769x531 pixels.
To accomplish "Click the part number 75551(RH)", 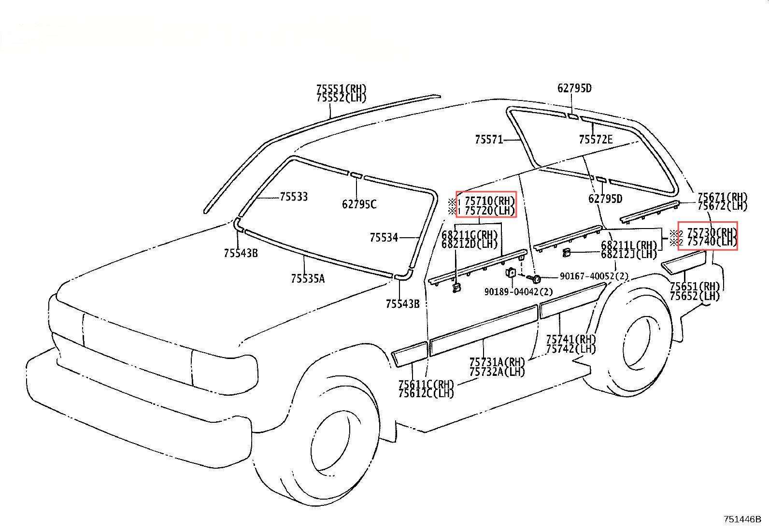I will [x=341, y=89].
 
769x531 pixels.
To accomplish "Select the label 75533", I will [x=294, y=197].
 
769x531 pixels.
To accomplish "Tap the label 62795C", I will [x=359, y=204].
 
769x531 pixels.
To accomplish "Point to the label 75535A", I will [x=308, y=278].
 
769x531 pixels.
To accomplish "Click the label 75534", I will [x=384, y=237].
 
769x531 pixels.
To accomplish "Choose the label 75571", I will [x=489, y=140].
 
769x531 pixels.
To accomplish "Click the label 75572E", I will [x=596, y=140].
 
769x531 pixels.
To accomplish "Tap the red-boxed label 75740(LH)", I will [x=712, y=242].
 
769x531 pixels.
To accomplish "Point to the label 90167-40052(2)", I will [x=594, y=276].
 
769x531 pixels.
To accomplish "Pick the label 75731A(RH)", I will [x=497, y=362].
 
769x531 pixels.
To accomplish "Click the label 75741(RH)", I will [x=571, y=339].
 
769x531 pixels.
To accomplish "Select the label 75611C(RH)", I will [x=426, y=385].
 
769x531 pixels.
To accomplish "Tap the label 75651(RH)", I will [x=695, y=286].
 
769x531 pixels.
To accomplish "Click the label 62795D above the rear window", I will [x=574, y=88].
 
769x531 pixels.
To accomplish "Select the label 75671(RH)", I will [x=722, y=197].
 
